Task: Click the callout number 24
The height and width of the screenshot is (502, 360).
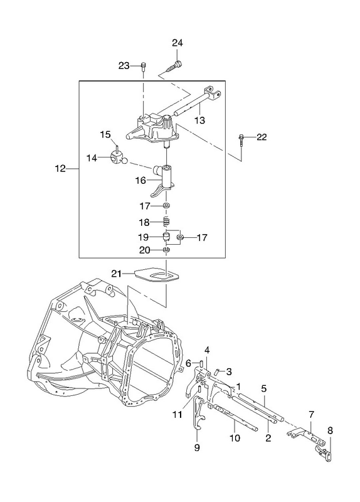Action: (x=177, y=43)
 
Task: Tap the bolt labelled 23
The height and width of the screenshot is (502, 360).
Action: (x=143, y=67)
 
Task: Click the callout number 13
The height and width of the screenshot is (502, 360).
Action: (x=199, y=120)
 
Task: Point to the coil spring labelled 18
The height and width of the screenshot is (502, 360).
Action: (x=166, y=222)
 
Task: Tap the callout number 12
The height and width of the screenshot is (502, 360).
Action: (x=60, y=168)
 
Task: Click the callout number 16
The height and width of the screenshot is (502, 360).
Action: (x=140, y=181)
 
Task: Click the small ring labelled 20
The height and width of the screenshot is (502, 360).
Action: (x=166, y=249)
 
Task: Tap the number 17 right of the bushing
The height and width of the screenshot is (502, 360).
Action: (x=202, y=238)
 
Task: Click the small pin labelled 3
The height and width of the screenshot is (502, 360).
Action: (x=218, y=372)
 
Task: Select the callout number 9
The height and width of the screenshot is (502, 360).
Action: (x=197, y=447)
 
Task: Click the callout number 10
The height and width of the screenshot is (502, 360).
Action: (x=235, y=437)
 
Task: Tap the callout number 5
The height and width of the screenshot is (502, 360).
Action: (x=263, y=388)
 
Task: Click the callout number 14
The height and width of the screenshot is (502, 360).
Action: (x=92, y=158)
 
